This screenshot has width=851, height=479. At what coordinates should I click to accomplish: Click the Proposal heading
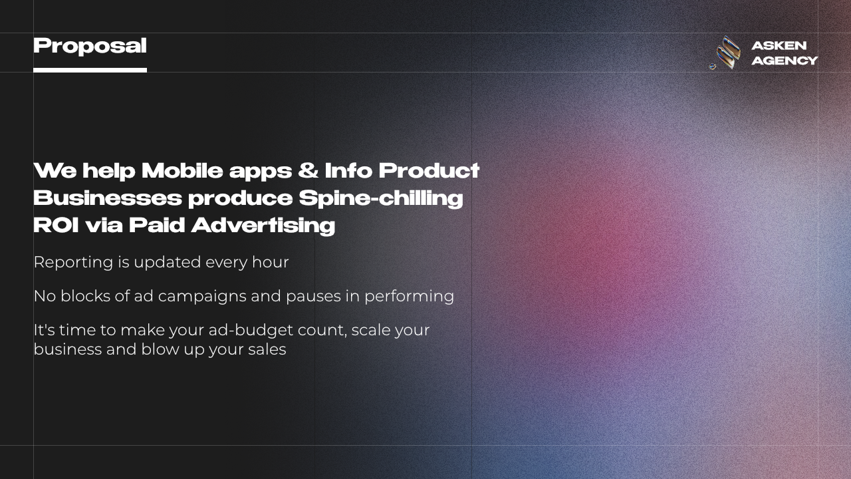click(x=90, y=46)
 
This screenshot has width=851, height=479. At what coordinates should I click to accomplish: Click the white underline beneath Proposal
click(x=90, y=70)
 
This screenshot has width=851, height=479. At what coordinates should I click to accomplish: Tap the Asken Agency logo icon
click(x=726, y=53)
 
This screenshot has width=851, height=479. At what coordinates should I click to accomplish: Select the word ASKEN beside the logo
click(x=779, y=46)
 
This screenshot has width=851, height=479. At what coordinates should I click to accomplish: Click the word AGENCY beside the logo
click(x=785, y=61)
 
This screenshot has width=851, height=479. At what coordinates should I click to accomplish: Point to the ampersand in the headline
click(x=308, y=171)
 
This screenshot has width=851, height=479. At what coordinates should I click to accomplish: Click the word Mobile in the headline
click(x=182, y=171)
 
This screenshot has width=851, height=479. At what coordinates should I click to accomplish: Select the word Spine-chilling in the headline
click(x=380, y=198)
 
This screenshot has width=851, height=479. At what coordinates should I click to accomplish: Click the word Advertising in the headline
click(x=263, y=226)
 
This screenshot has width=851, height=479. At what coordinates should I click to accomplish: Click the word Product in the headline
click(x=429, y=171)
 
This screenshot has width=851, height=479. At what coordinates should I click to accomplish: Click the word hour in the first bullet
click(x=270, y=262)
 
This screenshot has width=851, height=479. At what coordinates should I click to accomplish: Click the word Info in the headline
click(x=348, y=171)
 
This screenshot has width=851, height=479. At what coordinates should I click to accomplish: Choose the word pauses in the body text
click(x=312, y=296)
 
